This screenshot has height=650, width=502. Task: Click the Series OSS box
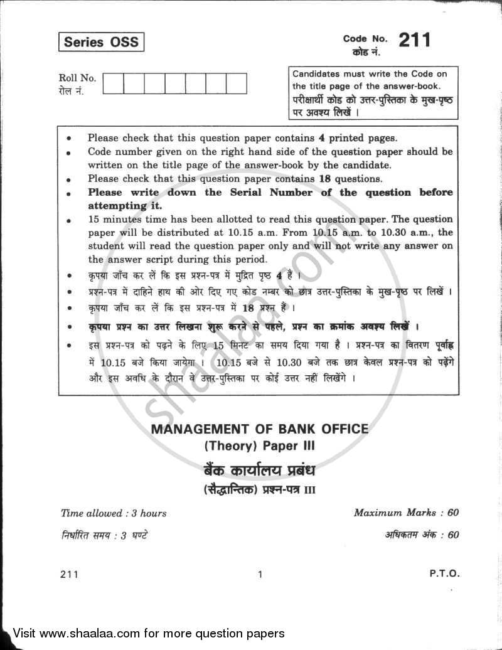click(x=101, y=43)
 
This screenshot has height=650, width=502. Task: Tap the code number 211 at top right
click(x=414, y=40)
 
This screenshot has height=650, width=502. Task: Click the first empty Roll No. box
click(x=113, y=83)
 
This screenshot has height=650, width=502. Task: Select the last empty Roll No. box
click(x=236, y=83)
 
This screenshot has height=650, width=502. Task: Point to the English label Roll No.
click(x=77, y=78)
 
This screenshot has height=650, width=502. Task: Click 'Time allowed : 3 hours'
click(x=114, y=513)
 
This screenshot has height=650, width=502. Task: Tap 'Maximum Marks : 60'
click(x=406, y=513)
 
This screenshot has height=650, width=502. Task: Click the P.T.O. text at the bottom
click(x=445, y=573)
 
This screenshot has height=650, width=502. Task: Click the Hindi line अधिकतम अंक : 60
click(x=422, y=535)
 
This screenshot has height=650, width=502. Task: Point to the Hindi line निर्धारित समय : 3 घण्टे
click(x=105, y=535)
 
